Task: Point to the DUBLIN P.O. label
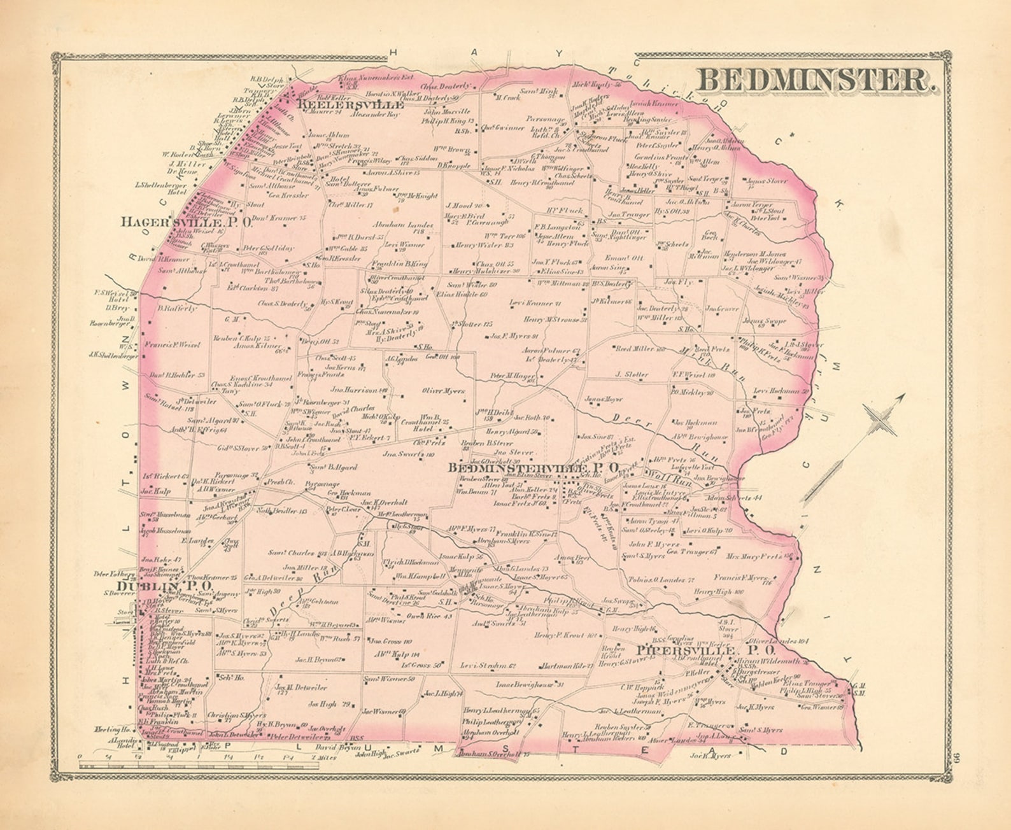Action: coord(164,585)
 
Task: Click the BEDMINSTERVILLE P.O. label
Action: coord(534,468)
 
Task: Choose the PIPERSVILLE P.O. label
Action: coord(705,651)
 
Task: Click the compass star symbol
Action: coord(880,419)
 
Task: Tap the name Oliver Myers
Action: coord(443,391)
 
